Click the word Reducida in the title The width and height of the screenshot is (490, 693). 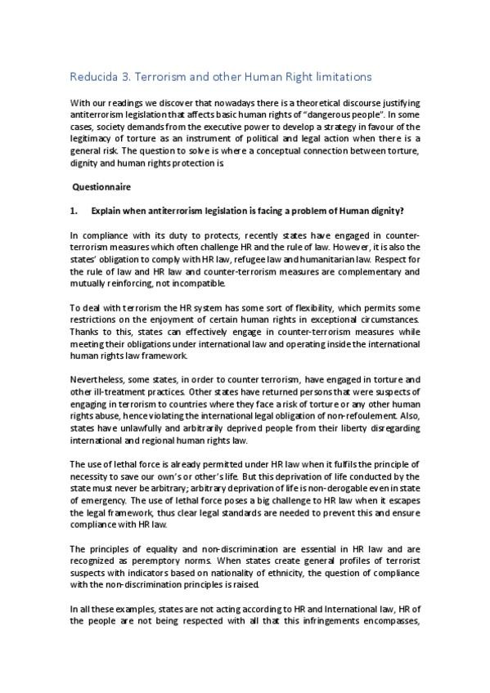point(94,77)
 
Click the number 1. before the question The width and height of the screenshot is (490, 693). point(74,211)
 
